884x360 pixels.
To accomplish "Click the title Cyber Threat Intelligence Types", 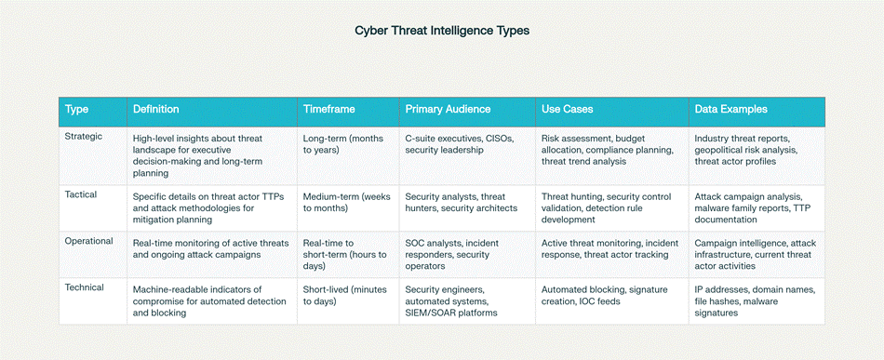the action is pyautogui.click(x=442, y=31).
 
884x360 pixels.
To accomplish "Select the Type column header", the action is pyautogui.click(x=76, y=109).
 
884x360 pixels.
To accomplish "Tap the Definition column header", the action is pyautogui.click(x=155, y=109).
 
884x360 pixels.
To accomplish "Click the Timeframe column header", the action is pyautogui.click(x=328, y=109).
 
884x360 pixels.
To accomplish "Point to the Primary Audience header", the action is pyautogui.click(x=448, y=109).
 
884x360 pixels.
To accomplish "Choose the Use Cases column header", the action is pyautogui.click(x=568, y=109).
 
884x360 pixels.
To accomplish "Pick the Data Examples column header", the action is pyautogui.click(x=730, y=109).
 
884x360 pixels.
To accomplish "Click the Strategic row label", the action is pyautogui.click(x=84, y=137).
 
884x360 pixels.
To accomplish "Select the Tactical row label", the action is pyautogui.click(x=81, y=194).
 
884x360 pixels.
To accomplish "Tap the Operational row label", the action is pyautogui.click(x=89, y=241).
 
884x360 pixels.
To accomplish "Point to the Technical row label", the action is pyautogui.click(x=85, y=287).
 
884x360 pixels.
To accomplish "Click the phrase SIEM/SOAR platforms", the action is pyautogui.click(x=451, y=313).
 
